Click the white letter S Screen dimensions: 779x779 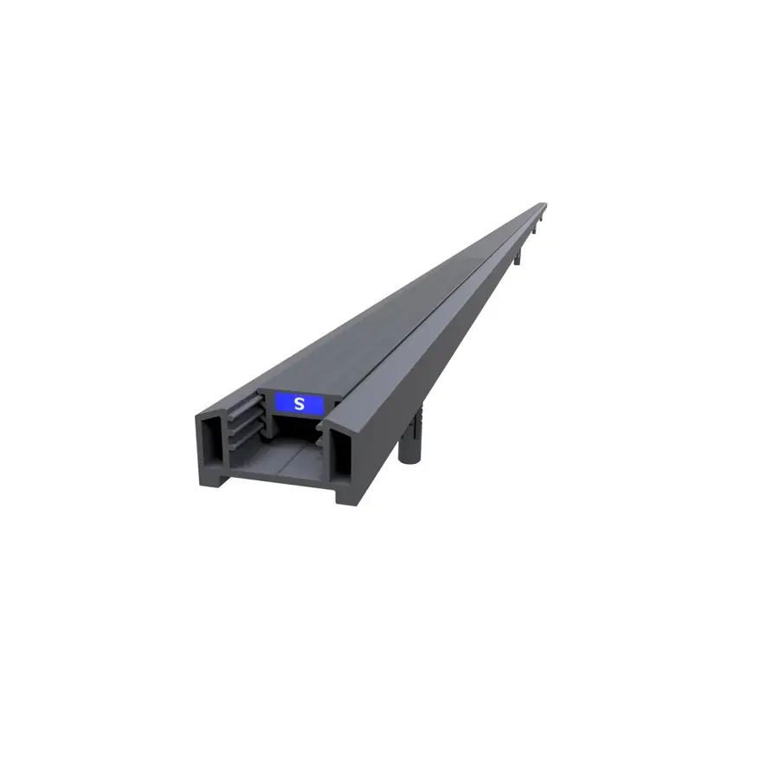click(x=299, y=404)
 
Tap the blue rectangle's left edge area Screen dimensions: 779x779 click(x=278, y=404)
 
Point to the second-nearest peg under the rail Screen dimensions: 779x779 click(x=517, y=257)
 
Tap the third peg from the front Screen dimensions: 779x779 click(x=535, y=230)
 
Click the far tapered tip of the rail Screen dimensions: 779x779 click(x=544, y=203)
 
